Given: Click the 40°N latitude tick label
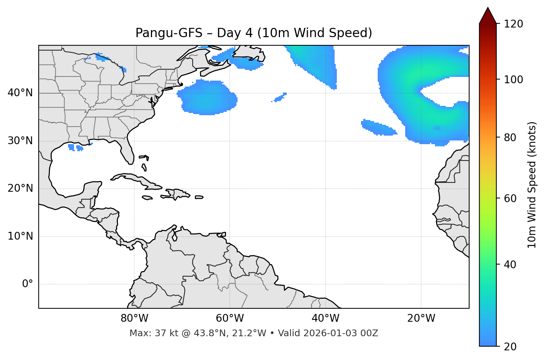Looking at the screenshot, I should coord(20,93).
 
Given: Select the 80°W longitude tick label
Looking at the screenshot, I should coord(134,318).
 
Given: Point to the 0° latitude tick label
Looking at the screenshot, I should coord(28,284).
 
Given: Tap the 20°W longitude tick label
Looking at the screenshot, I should coord(421,318).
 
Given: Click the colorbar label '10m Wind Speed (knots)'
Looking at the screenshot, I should coord(532,185).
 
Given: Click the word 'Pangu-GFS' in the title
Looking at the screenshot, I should coord(169,33).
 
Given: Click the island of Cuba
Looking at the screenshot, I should coord(134,179).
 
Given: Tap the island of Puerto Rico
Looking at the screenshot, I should coord(199,197).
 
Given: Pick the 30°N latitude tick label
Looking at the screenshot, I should coord(20,141).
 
